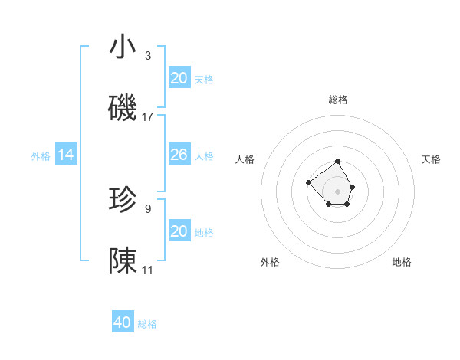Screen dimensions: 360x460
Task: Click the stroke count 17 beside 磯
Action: (x=148, y=117)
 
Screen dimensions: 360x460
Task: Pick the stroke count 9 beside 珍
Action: (x=148, y=208)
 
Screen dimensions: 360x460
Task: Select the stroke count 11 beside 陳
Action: (x=148, y=270)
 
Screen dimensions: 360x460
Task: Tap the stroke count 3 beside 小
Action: (x=148, y=55)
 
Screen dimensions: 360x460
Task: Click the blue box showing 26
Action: (x=179, y=155)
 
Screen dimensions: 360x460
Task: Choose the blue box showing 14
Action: (x=66, y=155)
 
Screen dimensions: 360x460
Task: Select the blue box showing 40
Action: (x=123, y=323)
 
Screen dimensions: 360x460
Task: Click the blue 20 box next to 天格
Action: (x=179, y=78)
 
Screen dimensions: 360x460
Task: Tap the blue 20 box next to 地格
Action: (x=179, y=231)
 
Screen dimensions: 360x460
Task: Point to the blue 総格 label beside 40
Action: (x=148, y=324)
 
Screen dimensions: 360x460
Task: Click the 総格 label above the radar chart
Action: (x=337, y=100)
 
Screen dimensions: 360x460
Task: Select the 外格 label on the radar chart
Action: (x=270, y=262)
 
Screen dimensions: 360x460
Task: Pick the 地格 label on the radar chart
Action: (x=402, y=262)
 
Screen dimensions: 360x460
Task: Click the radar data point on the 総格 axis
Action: (x=337, y=162)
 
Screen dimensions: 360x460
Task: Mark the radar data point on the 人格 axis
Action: (x=308, y=182)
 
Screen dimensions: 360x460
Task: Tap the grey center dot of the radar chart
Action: (x=337, y=191)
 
